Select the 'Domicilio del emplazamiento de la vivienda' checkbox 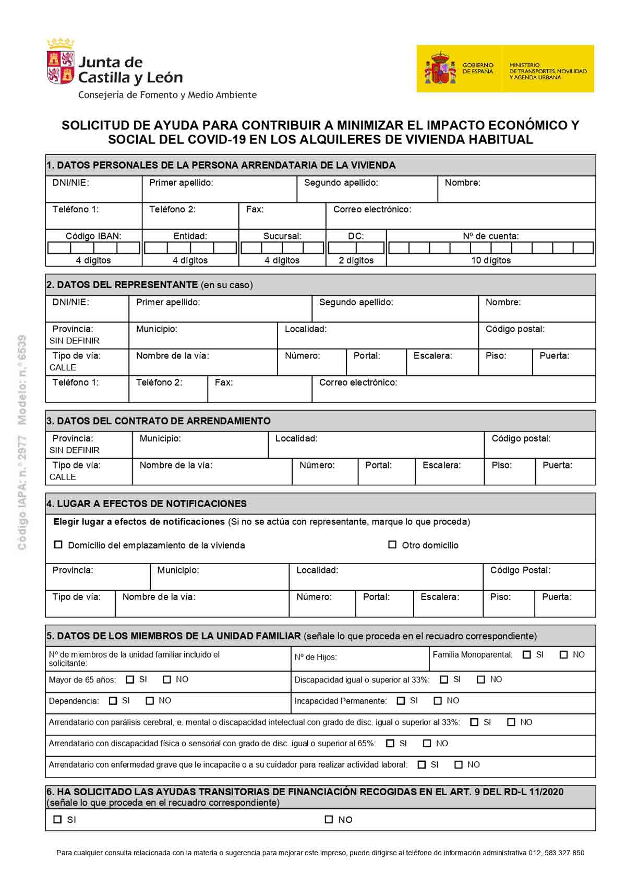coord(58,545)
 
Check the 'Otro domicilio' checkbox coord(392,545)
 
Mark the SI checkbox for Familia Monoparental coord(527,654)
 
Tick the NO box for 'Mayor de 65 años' coord(167,679)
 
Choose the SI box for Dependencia coord(113,701)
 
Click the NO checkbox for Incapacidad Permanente coord(438,701)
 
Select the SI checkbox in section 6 coord(58,820)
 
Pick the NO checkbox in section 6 coord(329,820)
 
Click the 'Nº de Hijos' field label coord(316,657)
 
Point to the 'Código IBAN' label coord(94,236)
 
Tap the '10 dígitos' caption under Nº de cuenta coord(491,260)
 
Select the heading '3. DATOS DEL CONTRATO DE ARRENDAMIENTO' coord(159,421)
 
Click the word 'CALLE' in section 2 coord(63,367)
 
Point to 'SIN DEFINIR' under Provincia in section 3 coord(75,450)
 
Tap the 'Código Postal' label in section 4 coord(520,570)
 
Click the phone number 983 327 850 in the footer coord(564,853)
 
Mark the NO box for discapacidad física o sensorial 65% coord(427,744)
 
